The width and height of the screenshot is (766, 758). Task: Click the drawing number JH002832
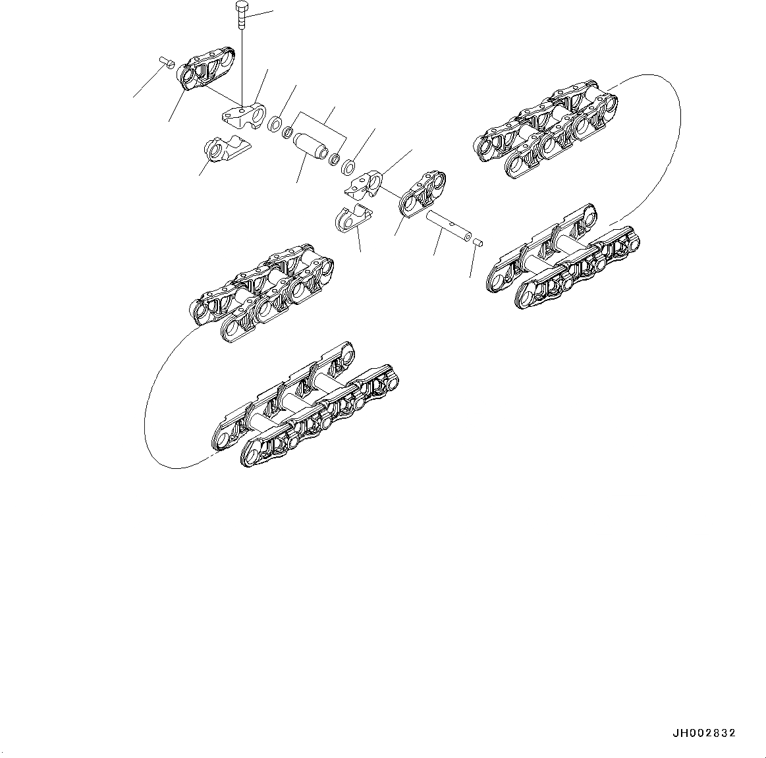point(703,733)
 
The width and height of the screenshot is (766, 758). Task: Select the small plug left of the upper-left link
point(167,63)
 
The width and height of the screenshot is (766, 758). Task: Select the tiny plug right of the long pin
point(479,243)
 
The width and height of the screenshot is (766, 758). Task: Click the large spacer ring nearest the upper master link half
point(275,123)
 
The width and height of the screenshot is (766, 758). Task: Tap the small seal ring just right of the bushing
point(335,159)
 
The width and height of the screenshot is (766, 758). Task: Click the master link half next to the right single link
point(364,183)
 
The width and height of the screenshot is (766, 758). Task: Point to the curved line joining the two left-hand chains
point(153,408)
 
